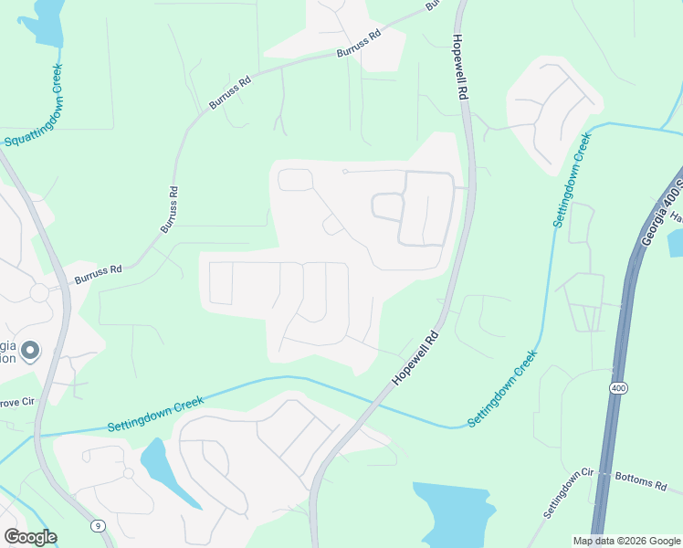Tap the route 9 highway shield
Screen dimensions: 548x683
click(96, 525)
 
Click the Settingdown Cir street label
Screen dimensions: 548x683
click(568, 494)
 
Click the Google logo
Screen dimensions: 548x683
click(30, 537)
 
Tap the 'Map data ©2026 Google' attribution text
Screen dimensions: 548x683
click(626, 541)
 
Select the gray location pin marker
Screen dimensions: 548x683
click(29, 351)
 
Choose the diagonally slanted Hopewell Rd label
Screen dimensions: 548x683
click(415, 356)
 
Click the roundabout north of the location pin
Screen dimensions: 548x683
click(39, 293)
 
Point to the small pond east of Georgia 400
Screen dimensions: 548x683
click(676, 243)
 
